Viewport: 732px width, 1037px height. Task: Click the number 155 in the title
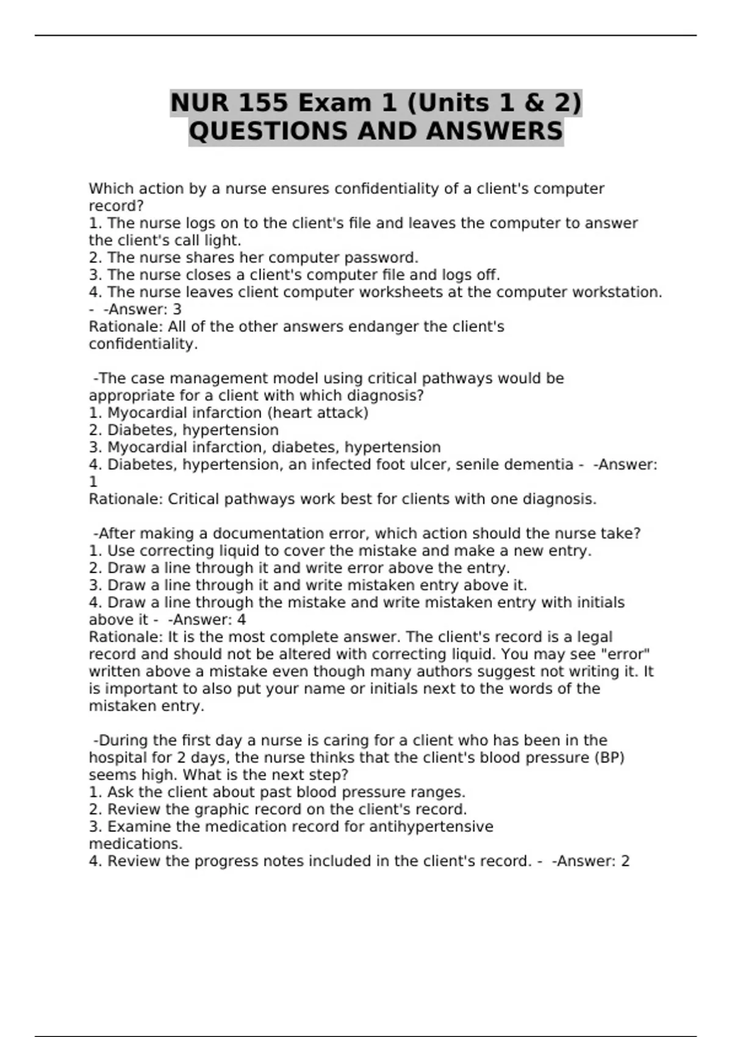coord(262,102)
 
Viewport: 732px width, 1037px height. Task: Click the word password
coord(379,257)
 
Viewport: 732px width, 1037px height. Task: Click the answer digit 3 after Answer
coord(177,309)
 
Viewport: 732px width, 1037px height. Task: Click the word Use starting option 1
coord(121,551)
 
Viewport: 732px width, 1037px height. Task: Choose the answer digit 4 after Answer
coord(242,620)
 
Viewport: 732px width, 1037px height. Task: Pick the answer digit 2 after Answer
coord(625,861)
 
